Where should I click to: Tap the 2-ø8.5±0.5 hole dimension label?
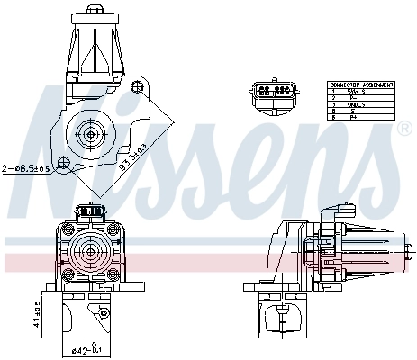[x=28, y=168]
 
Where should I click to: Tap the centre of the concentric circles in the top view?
[x=91, y=134]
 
